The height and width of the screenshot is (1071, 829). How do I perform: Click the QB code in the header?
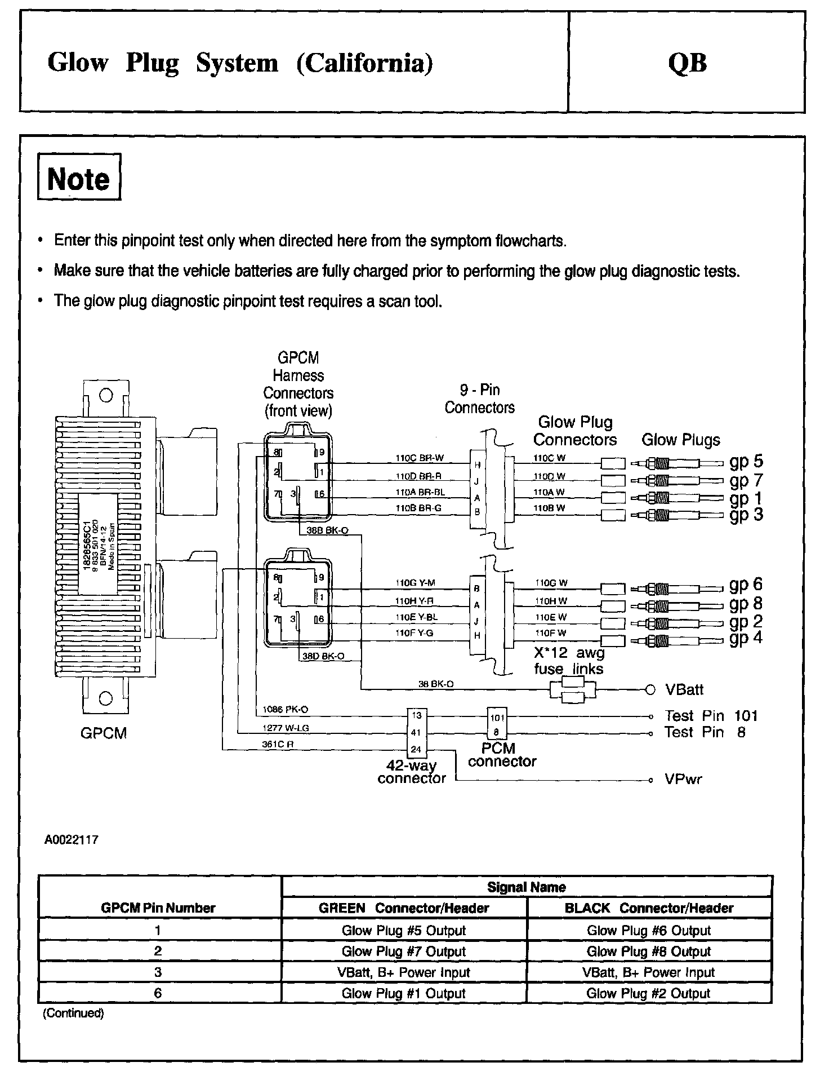point(687,63)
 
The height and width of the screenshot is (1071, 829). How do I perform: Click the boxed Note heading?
point(79,178)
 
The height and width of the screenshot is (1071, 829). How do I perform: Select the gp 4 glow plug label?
point(746,638)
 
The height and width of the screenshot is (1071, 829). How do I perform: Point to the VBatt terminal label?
point(684,689)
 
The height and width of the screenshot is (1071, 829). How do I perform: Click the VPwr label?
point(683,780)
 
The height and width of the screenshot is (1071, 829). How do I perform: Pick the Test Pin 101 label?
point(711,716)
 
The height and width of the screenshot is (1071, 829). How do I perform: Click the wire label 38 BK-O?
point(436,684)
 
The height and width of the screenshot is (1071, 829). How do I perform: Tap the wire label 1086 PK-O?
point(286,709)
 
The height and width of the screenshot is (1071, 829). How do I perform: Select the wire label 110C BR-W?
point(419,458)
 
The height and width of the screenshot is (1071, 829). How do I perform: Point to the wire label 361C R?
point(278,744)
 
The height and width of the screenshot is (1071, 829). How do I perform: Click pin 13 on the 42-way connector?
point(417,716)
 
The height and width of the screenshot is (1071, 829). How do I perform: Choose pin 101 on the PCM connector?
point(497,718)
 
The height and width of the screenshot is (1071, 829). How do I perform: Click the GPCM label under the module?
point(104,733)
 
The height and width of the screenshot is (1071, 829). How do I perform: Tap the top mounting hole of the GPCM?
point(105,395)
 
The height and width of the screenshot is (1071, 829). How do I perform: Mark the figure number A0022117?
point(72,840)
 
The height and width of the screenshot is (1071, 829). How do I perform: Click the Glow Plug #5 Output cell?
point(404,931)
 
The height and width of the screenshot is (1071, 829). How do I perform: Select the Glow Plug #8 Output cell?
point(649,951)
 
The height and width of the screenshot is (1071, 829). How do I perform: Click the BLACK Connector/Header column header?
point(649,908)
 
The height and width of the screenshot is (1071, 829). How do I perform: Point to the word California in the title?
point(365,63)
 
